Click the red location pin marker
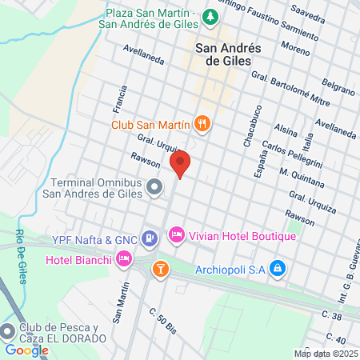[x=180, y=163]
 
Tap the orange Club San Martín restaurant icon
[x=202, y=124]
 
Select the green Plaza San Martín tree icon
[x=210, y=15]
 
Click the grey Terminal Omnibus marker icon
[x=155, y=187]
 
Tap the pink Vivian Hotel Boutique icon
[x=176, y=235]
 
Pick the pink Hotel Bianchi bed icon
[x=123, y=258]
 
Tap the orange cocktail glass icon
[x=160, y=268]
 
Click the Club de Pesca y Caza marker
[x=8, y=330]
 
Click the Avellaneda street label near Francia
[x=143, y=53]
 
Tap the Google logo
[x=26, y=350]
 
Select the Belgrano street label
[x=337, y=83]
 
